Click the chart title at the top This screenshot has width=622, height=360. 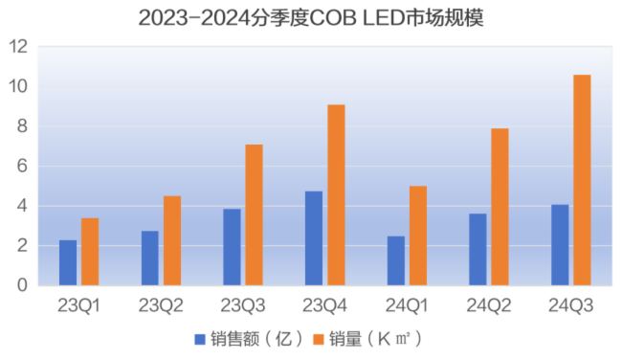pos(310,17)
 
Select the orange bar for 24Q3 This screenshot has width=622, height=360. pos(582,180)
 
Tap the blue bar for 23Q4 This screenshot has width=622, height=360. pos(314,238)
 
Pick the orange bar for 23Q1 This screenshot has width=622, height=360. pos(90,252)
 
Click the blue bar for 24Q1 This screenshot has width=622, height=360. pos(395,260)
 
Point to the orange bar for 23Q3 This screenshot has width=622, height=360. pos(254,214)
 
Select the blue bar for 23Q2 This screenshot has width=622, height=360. pos(150,258)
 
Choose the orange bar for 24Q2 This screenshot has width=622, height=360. pos(500,207)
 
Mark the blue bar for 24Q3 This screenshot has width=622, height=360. pos(560,245)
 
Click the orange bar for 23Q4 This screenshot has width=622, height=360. pos(336,194)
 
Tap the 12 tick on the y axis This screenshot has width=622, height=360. pos(17,47)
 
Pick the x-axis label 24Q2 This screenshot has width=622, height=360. pos(488,306)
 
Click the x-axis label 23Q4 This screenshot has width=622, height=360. pos(324,306)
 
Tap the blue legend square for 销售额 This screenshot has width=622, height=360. pos(200,339)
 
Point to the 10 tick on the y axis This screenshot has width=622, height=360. pos(17,87)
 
